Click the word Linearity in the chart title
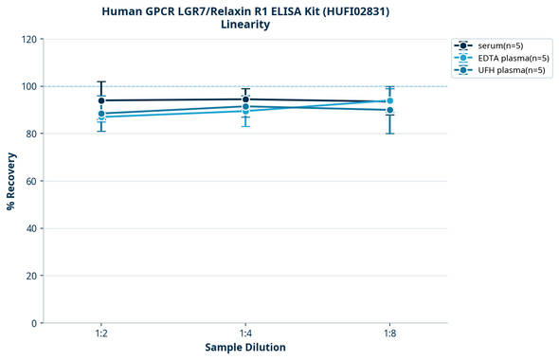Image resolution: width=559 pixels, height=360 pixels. [x=245, y=25]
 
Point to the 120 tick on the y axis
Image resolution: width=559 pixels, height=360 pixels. [x=28, y=39]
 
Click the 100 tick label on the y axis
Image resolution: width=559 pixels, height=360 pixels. [x=28, y=86]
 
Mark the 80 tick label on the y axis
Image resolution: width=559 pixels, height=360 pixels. [x=31, y=134]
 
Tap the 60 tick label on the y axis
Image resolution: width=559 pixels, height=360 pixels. [x=31, y=181]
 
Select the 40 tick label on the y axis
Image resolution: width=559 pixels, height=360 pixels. [x=31, y=228]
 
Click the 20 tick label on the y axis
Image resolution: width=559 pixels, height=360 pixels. [x=31, y=276]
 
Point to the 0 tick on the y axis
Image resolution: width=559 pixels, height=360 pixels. [x=34, y=323]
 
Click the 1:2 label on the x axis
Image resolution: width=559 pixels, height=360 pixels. [x=100, y=333]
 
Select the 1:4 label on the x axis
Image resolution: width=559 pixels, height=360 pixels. [x=245, y=333]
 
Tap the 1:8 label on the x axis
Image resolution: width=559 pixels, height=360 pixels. [x=389, y=333]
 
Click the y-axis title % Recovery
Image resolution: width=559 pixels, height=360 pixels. [x=12, y=180]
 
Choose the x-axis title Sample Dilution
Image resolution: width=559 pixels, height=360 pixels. [x=245, y=348]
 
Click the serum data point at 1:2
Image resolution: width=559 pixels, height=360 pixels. [x=100, y=100]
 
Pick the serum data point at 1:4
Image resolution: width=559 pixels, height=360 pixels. [x=245, y=99]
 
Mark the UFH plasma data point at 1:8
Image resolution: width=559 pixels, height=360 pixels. [x=389, y=110]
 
